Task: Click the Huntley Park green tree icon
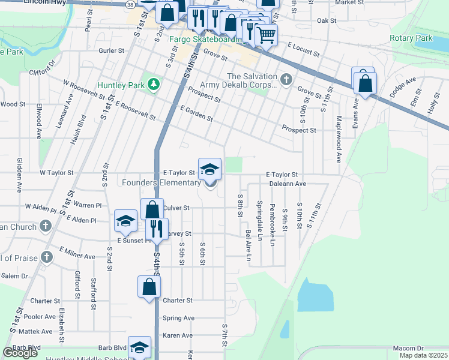point(154,85)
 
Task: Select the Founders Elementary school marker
point(209,170)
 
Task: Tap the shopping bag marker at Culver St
point(152,211)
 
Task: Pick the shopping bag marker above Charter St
point(149,287)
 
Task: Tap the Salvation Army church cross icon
point(287,77)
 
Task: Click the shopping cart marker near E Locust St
point(266,35)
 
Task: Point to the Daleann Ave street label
point(288,184)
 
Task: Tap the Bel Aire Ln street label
point(247,245)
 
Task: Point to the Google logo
point(20,353)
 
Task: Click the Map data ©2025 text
point(423,355)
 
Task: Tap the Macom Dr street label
point(408,348)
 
